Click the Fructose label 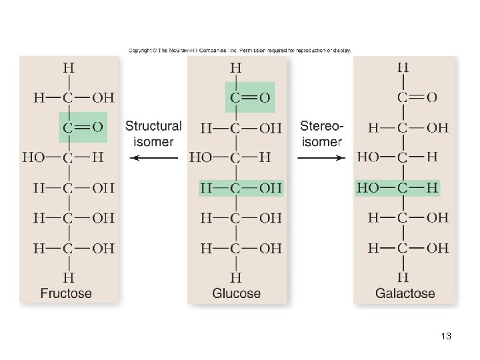tap(66, 293)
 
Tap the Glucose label tap(236, 293)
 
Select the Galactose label tap(405, 293)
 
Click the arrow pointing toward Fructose tap(154, 158)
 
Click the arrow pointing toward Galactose tap(321, 158)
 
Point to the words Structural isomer tap(153, 133)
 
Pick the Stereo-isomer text tap(322, 133)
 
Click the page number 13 tap(446, 337)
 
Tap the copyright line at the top tap(239, 50)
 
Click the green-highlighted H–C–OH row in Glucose tap(241, 189)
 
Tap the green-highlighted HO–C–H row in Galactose tap(397, 189)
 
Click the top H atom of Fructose tap(68, 67)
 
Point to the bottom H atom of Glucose tap(235, 277)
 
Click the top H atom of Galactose tap(403, 67)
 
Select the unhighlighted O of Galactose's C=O tap(432, 97)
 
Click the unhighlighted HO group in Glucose tap(201, 158)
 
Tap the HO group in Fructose tap(33, 158)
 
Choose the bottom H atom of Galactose tap(403, 277)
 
